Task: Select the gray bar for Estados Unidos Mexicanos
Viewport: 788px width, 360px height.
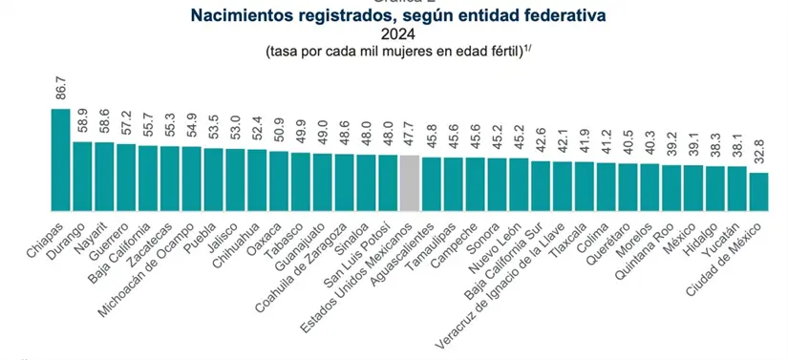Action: (409, 181)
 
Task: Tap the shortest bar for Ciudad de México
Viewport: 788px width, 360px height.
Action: (758, 191)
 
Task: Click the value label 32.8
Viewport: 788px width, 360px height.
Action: (758, 157)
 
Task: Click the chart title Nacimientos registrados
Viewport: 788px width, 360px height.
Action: (392, 16)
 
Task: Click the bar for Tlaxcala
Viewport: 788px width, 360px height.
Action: (584, 185)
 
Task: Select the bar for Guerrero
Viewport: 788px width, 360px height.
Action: (126, 177)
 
